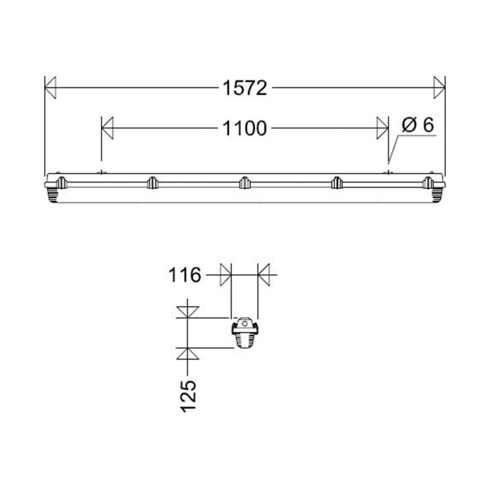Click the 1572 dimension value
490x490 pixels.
(244, 88)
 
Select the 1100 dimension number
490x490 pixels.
(244, 129)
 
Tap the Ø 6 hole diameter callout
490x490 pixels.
(418, 125)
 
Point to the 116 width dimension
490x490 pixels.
(185, 276)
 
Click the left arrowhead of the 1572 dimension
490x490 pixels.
(51, 88)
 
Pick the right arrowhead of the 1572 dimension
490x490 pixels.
(439, 88)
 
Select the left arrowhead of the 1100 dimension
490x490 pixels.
(107, 129)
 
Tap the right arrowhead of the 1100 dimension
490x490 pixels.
(383, 129)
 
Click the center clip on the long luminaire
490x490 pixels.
(245, 183)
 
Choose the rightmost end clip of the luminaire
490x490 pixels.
(429, 183)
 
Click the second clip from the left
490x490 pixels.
(153, 183)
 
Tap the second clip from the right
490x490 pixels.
(337, 183)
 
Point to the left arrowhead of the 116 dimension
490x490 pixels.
(225, 274)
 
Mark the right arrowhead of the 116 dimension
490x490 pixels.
(264, 274)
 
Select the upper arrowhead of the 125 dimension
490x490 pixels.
(187, 312)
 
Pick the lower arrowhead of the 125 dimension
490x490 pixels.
(187, 354)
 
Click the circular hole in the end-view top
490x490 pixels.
(245, 322)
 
